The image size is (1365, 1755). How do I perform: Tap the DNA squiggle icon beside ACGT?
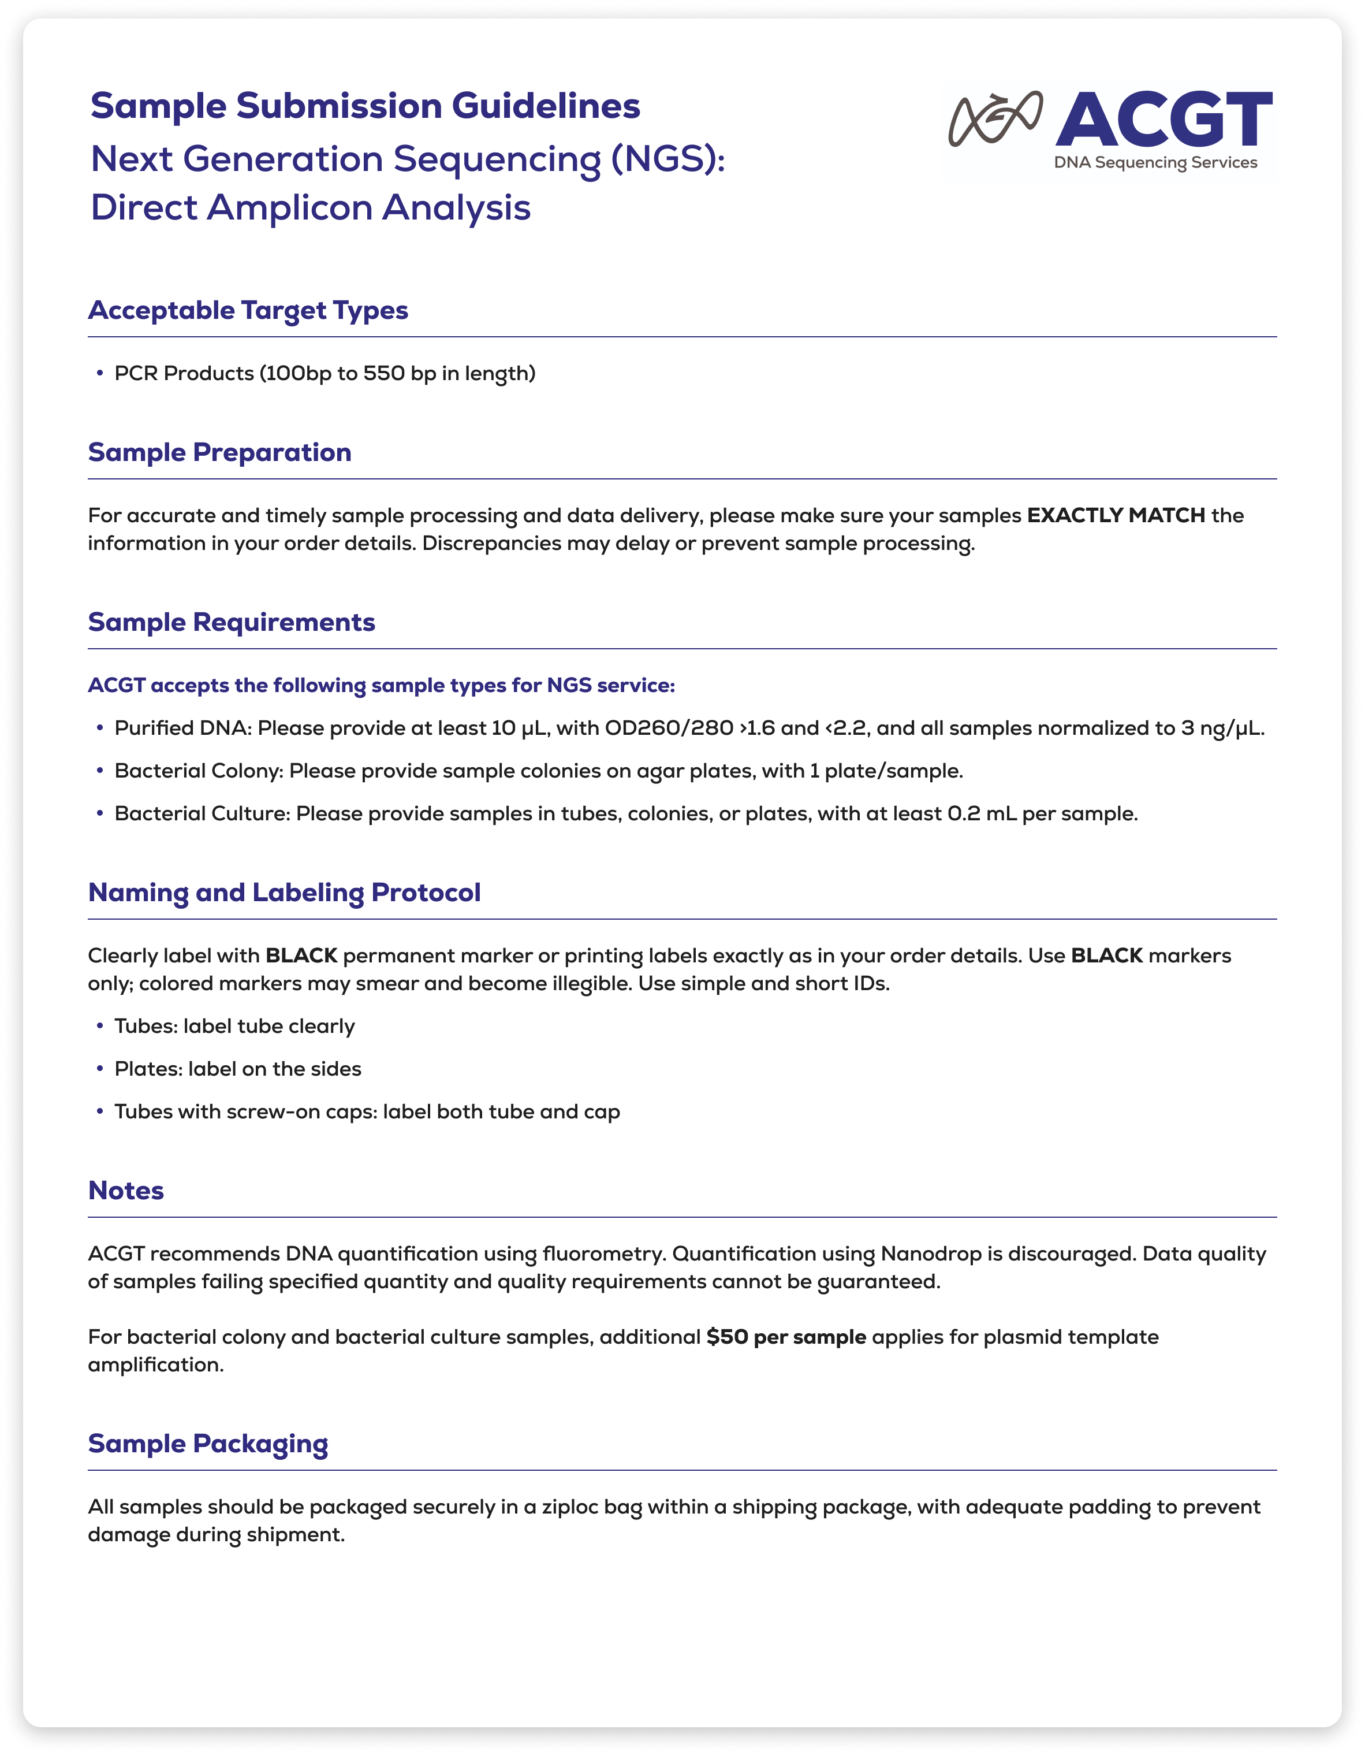click(995, 119)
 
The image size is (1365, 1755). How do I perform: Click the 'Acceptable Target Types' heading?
click(248, 310)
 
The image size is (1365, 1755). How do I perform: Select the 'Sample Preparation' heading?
click(219, 452)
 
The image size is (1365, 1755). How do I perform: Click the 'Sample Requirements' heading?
click(232, 622)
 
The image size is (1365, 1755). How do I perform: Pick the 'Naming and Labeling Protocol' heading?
click(285, 892)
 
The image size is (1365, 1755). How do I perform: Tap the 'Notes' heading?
click(126, 1190)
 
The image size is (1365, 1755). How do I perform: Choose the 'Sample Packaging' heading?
click(208, 1443)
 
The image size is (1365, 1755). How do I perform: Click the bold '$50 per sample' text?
click(786, 1336)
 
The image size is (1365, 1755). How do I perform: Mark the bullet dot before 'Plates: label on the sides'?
click(100, 1069)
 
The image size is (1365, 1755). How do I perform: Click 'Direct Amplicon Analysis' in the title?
click(310, 207)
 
